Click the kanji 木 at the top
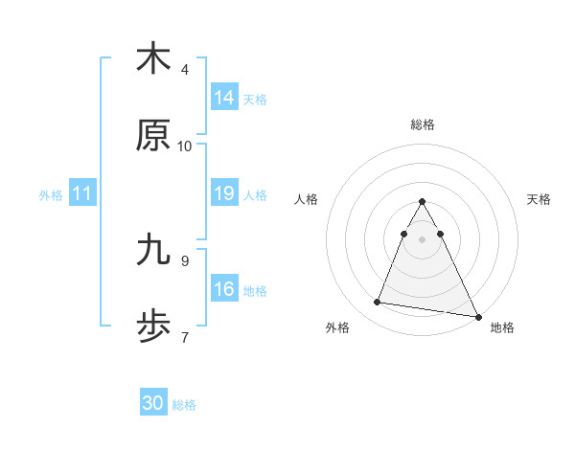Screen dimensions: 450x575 coord(153,59)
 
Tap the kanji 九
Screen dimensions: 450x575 coord(153,250)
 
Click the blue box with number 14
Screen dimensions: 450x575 coord(224,98)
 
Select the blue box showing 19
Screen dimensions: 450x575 coord(224,194)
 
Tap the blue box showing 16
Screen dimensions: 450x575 coord(224,290)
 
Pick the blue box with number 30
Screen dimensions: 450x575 coord(153,404)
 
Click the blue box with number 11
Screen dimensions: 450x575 coord(82,194)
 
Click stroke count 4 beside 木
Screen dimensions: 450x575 coord(185,70)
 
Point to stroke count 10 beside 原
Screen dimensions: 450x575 coord(185,146)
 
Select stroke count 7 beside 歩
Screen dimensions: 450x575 coord(185,337)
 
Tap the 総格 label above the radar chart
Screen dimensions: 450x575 coord(423,124)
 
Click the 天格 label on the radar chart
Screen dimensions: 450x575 coord(539,199)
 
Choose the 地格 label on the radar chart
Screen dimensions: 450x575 coord(502,327)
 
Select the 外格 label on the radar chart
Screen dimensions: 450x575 coord(337,327)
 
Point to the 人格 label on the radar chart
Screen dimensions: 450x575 coord(307,199)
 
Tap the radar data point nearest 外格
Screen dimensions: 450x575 coord(378,303)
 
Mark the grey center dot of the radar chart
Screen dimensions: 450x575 coord(423,239)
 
